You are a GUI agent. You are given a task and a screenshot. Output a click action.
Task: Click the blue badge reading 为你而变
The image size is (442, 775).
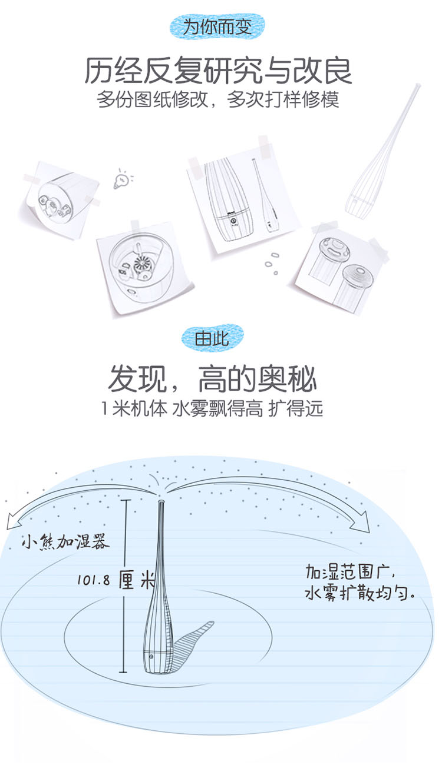217,26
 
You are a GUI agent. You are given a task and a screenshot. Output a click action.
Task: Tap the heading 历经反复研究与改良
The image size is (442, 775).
218,71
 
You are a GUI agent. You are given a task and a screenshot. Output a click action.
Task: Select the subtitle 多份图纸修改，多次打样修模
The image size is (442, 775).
217,99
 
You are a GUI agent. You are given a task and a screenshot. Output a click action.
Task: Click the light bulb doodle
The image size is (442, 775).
123,179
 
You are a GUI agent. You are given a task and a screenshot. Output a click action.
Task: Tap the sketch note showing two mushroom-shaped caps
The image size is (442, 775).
341,270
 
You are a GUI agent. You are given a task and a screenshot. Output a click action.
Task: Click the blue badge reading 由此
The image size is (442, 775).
212,338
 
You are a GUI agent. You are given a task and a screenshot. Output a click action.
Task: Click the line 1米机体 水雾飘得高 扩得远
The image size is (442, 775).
212,408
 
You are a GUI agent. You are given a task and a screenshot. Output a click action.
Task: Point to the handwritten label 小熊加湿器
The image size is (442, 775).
65,541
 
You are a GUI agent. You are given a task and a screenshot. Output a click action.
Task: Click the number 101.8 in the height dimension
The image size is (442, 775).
93,580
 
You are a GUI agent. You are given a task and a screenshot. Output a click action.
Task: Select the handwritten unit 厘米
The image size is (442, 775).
137,580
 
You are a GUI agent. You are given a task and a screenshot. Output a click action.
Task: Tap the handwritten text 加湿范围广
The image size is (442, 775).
350,572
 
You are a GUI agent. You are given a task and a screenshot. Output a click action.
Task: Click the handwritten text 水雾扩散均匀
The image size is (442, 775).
359,593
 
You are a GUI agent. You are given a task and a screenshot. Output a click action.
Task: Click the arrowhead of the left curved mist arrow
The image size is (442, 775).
12,522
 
